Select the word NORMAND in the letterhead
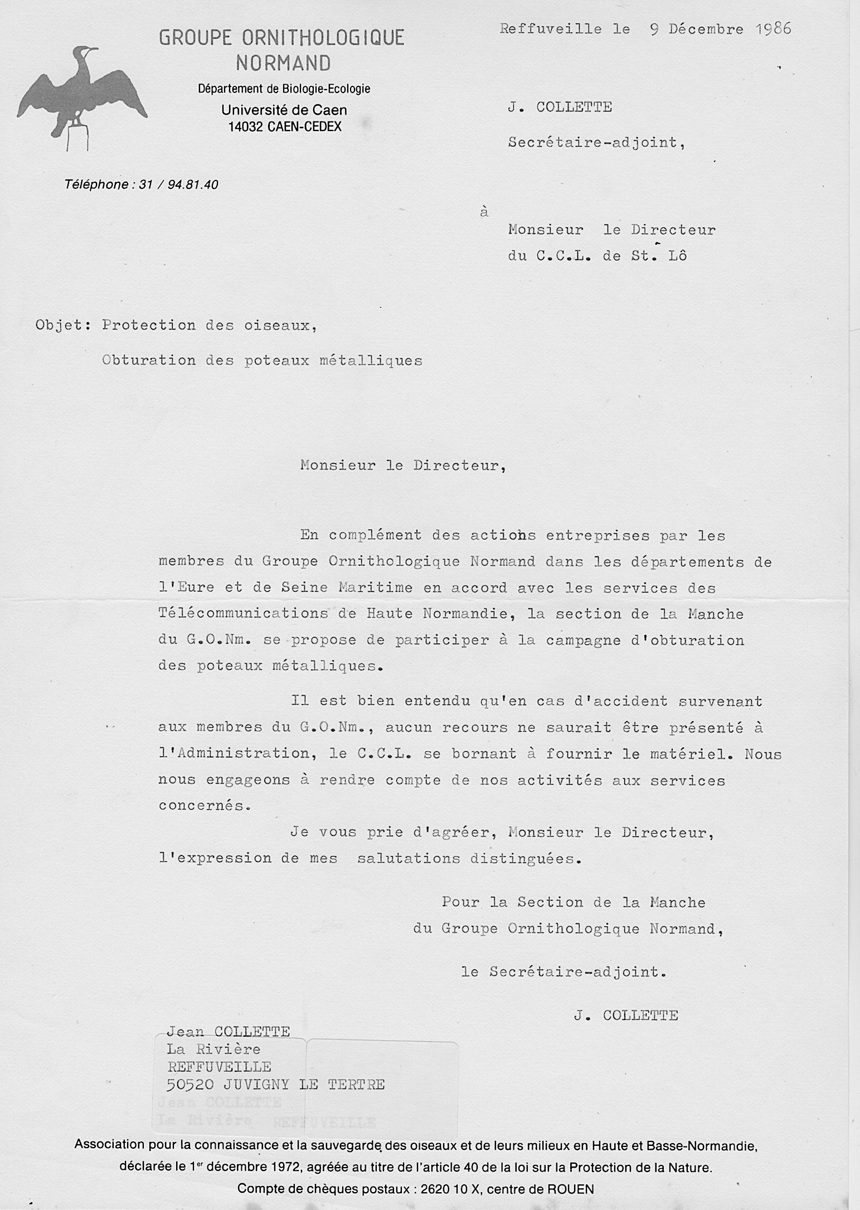283,63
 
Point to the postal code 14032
246,127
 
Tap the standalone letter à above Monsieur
484,212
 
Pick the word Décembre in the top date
706,30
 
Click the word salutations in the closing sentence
409,859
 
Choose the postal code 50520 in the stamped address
191,1085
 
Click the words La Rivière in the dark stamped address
213,1049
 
